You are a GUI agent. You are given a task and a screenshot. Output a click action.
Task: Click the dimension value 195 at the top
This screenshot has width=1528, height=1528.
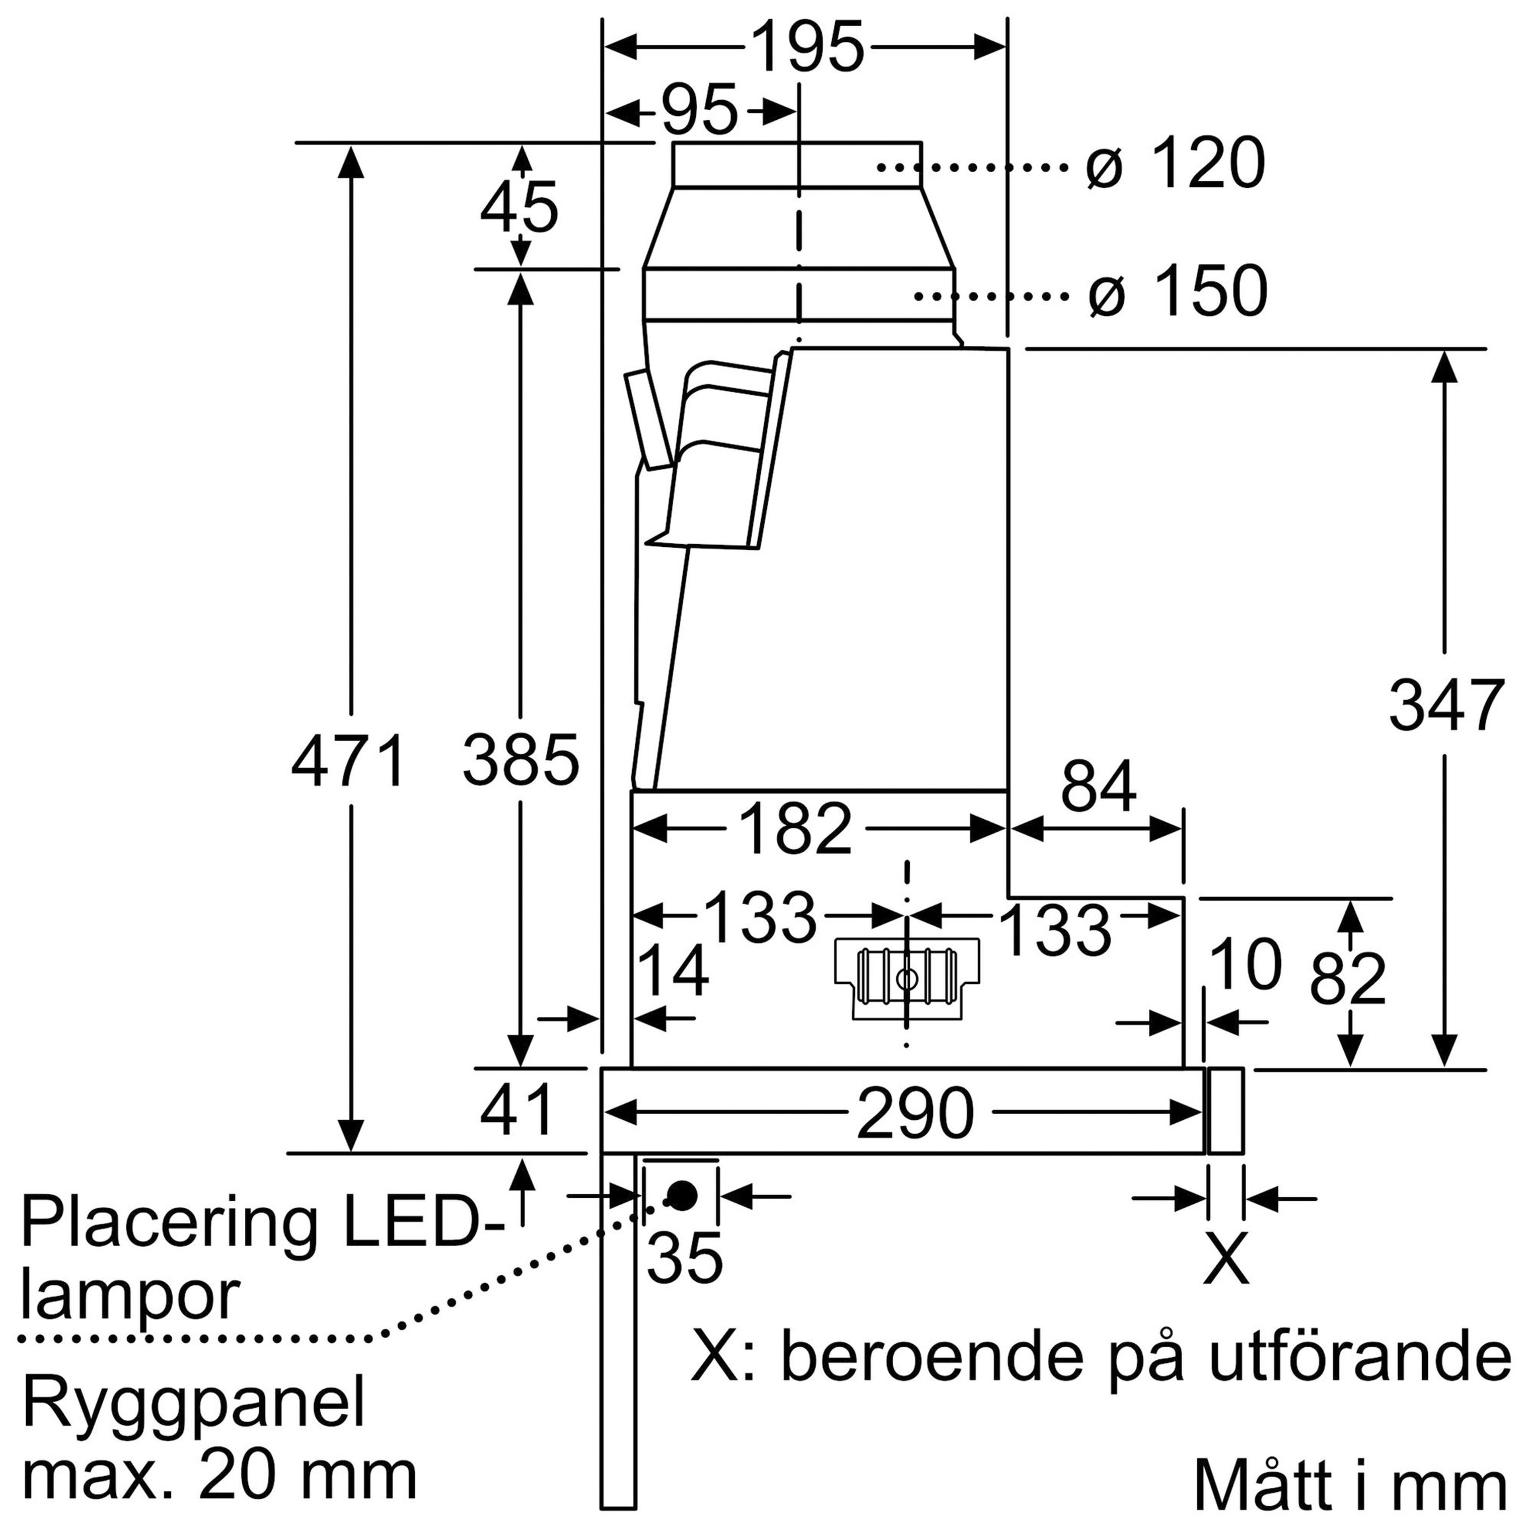coord(807,47)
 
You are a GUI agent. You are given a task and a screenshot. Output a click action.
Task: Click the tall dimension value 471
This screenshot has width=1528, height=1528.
coord(349,762)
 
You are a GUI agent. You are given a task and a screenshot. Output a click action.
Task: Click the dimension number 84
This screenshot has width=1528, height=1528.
coord(1099,787)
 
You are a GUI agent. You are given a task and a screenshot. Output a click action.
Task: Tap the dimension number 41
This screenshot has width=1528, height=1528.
coord(517,1111)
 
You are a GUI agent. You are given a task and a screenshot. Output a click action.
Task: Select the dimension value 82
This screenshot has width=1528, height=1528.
coord(1349,978)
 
